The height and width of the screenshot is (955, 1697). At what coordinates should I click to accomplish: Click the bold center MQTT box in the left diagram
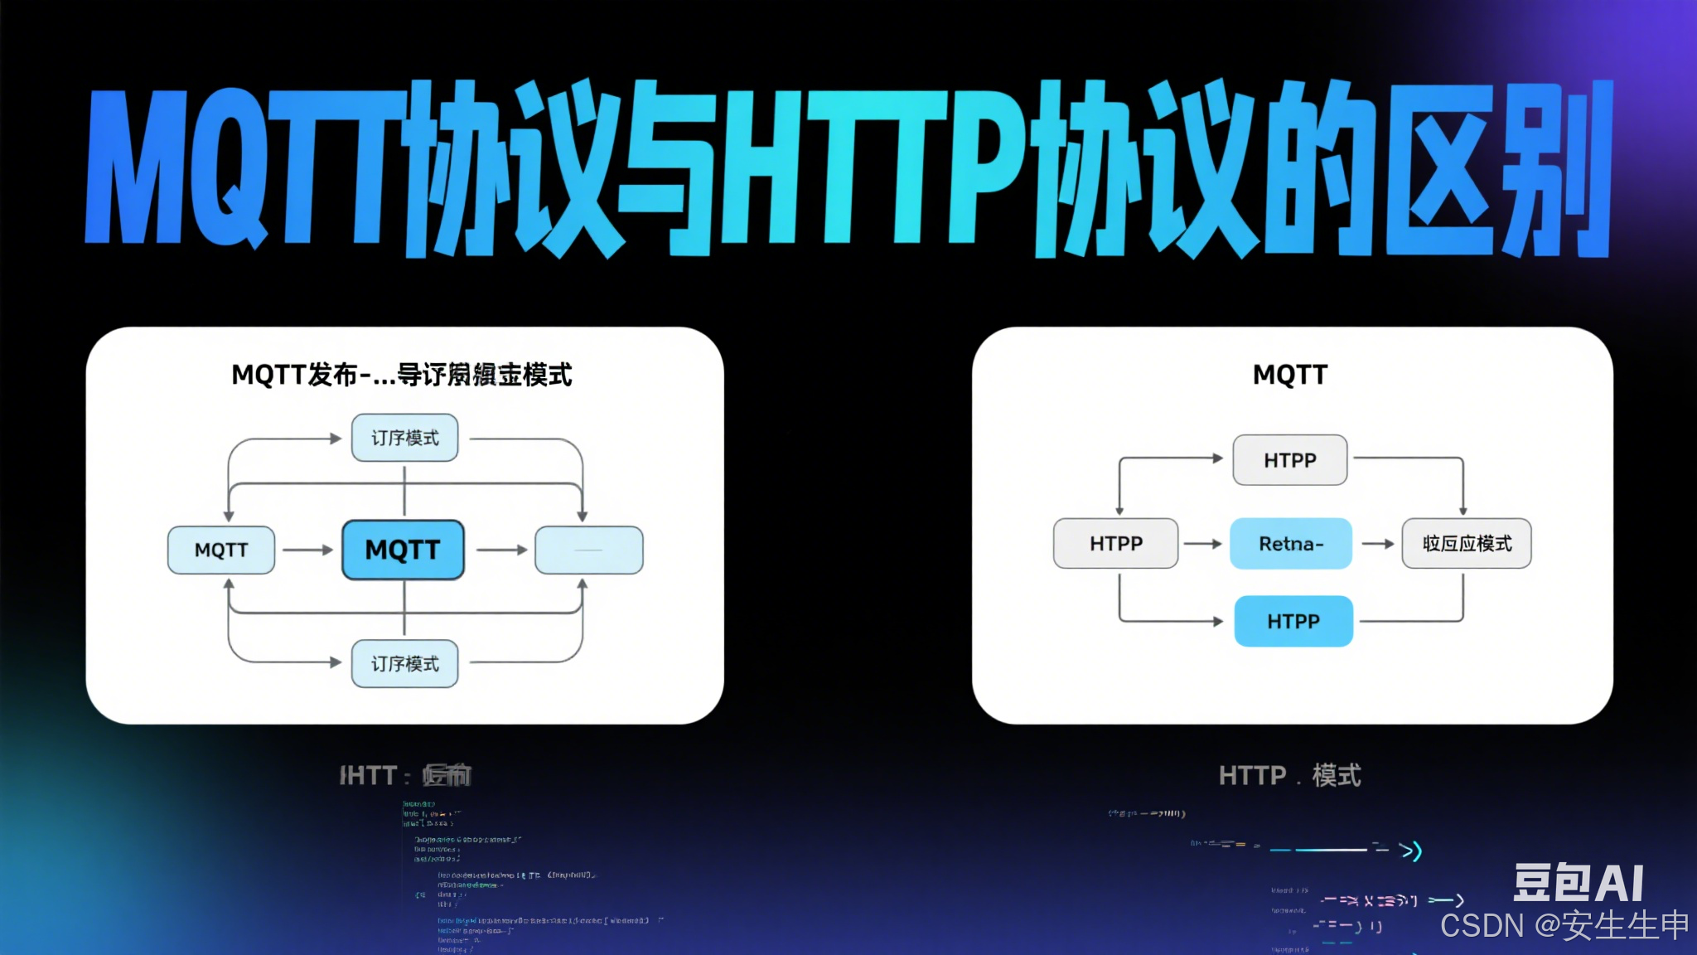click(x=403, y=550)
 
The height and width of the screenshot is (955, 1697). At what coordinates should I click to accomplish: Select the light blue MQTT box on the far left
click(x=221, y=550)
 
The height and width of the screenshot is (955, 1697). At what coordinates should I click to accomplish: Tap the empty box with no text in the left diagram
click(x=589, y=550)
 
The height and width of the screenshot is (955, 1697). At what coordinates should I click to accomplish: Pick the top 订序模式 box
click(x=404, y=438)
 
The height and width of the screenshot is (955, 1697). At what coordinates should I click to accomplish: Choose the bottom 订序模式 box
click(x=404, y=663)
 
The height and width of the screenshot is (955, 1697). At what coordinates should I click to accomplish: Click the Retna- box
click(x=1291, y=544)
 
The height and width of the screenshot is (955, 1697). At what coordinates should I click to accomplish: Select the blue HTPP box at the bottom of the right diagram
click(x=1293, y=621)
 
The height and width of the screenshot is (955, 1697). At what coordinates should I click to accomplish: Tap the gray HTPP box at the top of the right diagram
click(x=1290, y=460)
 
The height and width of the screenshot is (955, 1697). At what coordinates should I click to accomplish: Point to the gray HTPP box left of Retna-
click(x=1115, y=544)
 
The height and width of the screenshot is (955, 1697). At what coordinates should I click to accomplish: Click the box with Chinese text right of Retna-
click(x=1467, y=544)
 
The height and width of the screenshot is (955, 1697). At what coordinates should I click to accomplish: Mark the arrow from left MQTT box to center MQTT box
click(x=307, y=550)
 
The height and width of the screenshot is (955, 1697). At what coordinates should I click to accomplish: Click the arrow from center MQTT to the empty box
click(x=502, y=550)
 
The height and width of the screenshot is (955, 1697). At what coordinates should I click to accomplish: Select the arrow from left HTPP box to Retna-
click(x=1203, y=544)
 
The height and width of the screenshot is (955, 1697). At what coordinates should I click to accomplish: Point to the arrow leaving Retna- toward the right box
click(x=1378, y=544)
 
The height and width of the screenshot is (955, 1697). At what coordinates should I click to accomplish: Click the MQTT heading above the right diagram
click(x=1290, y=375)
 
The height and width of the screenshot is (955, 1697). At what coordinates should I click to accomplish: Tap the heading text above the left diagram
click(x=402, y=375)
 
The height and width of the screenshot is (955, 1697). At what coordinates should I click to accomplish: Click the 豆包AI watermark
click(x=1579, y=882)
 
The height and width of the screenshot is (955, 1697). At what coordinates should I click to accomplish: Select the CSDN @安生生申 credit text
click(x=1564, y=925)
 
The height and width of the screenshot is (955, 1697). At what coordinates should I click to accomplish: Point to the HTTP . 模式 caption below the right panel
click(x=1289, y=776)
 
